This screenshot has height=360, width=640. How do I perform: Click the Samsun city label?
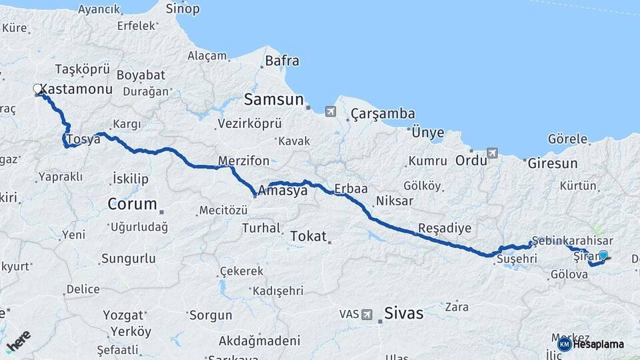click(x=273, y=100)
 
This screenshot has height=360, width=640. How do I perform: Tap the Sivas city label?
click(x=403, y=313)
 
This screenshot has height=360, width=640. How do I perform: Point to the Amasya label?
click(x=283, y=191)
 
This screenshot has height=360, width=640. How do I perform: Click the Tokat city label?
click(x=309, y=236)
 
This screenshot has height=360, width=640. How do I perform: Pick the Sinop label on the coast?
click(x=182, y=9)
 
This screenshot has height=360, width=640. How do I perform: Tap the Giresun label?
click(x=552, y=163)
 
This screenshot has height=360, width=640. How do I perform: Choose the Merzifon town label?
click(x=244, y=161)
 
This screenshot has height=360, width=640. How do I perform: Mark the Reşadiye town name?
click(x=444, y=228)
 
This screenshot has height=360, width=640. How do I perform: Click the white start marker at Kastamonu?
click(x=38, y=89)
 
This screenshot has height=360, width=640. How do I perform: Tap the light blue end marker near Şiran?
click(x=603, y=255)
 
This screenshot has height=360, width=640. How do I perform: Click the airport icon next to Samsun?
click(x=331, y=111)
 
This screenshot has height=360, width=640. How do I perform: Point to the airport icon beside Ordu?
click(x=492, y=153)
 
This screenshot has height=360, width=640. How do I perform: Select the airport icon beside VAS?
click(x=367, y=314)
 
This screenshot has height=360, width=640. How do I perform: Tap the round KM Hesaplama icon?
click(x=564, y=344)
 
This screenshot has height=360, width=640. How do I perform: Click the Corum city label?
click(x=132, y=204)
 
